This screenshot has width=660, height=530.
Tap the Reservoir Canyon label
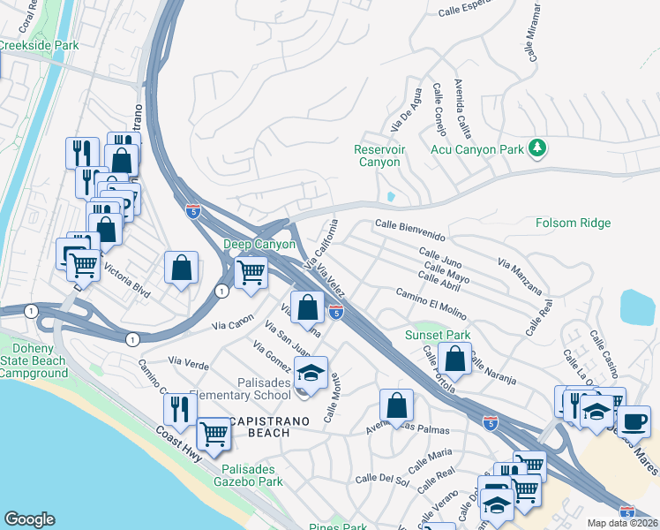[x=379, y=155]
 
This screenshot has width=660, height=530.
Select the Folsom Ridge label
[x=573, y=223]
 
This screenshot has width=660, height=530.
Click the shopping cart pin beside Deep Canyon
[x=251, y=272]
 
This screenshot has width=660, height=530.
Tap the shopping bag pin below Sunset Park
[x=454, y=360]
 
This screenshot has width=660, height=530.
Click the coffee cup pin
[x=633, y=420]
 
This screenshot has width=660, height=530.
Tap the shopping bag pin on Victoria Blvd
[x=181, y=268]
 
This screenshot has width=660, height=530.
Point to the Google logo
[x=29, y=519]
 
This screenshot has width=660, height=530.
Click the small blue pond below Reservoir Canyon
[x=390, y=196]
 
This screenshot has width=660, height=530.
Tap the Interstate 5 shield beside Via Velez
[x=335, y=312]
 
